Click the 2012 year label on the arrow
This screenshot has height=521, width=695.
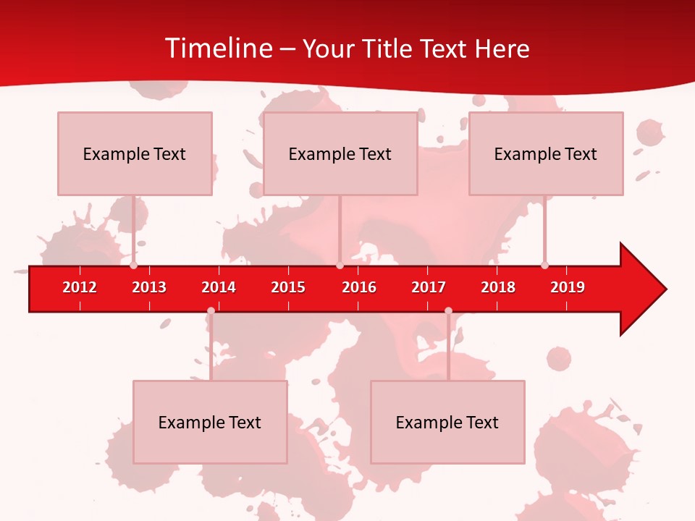[x=80, y=287]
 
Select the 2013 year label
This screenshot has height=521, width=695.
[x=149, y=287]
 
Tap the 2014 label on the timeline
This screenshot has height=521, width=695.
[x=219, y=287]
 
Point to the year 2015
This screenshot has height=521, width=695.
[x=288, y=287]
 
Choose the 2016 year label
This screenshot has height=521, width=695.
[x=359, y=287]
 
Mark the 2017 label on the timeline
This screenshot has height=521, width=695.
[x=429, y=287]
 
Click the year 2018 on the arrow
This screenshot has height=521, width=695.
[x=498, y=287]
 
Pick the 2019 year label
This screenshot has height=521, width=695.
[x=568, y=287]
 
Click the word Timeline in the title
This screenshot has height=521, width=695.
[x=218, y=48]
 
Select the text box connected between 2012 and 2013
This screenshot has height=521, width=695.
[x=135, y=153]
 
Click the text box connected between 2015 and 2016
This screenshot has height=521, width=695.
[x=340, y=153]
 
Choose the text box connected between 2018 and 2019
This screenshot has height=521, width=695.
[x=546, y=153]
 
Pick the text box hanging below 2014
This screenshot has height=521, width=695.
[x=210, y=422]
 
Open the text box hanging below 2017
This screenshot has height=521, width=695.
[x=447, y=422]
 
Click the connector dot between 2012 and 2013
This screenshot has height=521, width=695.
[x=134, y=266]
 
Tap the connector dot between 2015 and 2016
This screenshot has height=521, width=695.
[x=340, y=266]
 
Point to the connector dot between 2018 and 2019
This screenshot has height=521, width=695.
[x=544, y=266]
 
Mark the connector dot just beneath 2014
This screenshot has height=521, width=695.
[x=211, y=311]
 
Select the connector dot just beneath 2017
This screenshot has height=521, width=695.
[x=448, y=311]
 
